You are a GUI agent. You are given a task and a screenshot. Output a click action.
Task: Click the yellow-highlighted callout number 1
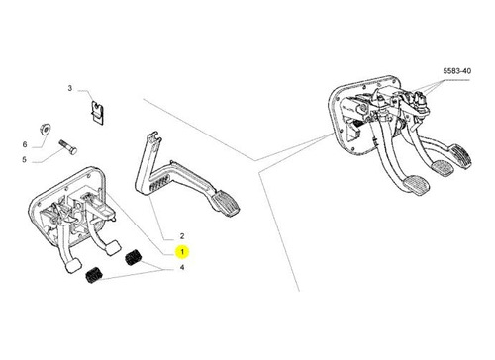182,252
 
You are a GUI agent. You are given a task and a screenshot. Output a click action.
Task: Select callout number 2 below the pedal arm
182,236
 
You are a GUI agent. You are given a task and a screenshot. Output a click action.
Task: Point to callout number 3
70,88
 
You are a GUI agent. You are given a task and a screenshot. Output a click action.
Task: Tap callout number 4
182,267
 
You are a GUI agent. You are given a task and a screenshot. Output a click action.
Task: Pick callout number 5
24,160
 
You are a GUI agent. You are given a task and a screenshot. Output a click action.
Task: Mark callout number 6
25,144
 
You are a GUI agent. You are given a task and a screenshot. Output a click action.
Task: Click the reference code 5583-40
457,71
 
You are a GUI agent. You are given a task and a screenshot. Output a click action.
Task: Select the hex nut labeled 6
45,128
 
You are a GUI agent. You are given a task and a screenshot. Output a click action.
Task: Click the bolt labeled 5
68,147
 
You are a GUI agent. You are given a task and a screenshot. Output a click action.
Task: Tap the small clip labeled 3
97,113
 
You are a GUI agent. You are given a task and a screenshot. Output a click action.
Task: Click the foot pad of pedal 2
226,205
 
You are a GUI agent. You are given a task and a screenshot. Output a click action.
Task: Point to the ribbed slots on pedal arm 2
159,183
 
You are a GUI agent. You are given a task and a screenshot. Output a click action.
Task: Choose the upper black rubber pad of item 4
134,257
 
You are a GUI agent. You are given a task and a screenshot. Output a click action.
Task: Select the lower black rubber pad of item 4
93,274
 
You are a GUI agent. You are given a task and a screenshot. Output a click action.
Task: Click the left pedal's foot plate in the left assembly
73,266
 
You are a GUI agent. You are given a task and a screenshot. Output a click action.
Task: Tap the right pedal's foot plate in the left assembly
112,248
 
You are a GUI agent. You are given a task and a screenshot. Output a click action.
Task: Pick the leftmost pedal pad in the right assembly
416,185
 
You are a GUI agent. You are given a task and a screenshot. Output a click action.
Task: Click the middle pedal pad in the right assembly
443,168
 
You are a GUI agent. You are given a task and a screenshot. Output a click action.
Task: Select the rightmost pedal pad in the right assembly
461,156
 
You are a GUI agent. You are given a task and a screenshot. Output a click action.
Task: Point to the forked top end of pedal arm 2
152,136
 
